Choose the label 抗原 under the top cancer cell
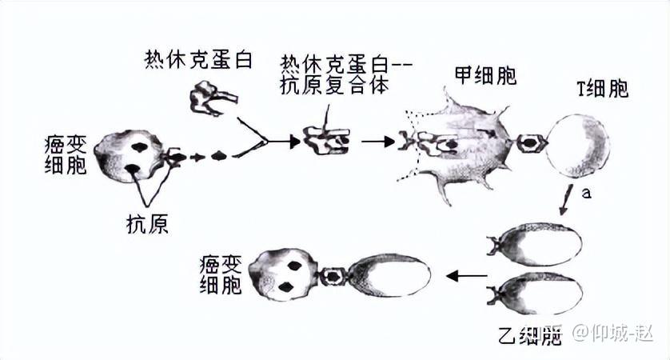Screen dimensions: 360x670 [x=147, y=223]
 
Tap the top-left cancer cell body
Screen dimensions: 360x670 [x=128, y=157]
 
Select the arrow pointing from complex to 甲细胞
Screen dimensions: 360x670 [x=377, y=142]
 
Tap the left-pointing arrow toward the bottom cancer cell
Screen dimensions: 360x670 [x=467, y=277]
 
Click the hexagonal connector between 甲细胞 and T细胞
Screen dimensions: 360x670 [x=529, y=145]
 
